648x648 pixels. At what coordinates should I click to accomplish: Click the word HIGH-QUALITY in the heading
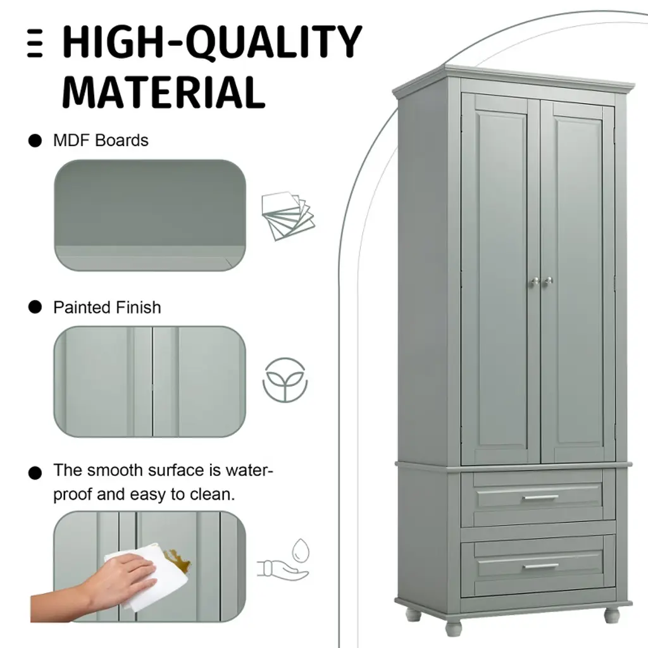tap(212, 42)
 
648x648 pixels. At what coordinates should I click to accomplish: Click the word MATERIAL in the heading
tap(163, 92)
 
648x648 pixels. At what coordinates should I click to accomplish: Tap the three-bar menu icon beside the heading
tap(35, 43)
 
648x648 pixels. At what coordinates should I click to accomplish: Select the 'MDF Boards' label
tap(101, 140)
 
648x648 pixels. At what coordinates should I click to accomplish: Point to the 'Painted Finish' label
tap(107, 308)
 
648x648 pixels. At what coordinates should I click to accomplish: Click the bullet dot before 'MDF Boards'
tap(35, 140)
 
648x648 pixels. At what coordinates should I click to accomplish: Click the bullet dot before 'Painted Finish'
tap(35, 307)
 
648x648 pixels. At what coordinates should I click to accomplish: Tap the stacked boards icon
tap(288, 216)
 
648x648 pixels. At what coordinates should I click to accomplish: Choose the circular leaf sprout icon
tap(285, 380)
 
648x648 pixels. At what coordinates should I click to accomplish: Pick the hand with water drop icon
tap(284, 559)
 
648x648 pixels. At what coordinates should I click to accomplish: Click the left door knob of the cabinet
tap(534, 282)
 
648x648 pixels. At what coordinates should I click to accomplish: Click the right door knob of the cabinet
tap(548, 281)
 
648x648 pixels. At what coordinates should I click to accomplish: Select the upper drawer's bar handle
tap(540, 497)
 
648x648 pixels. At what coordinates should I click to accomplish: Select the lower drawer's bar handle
tap(540, 566)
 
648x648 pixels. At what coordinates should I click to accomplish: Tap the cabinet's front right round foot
tap(612, 616)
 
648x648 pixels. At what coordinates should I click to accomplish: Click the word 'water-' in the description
tap(249, 470)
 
